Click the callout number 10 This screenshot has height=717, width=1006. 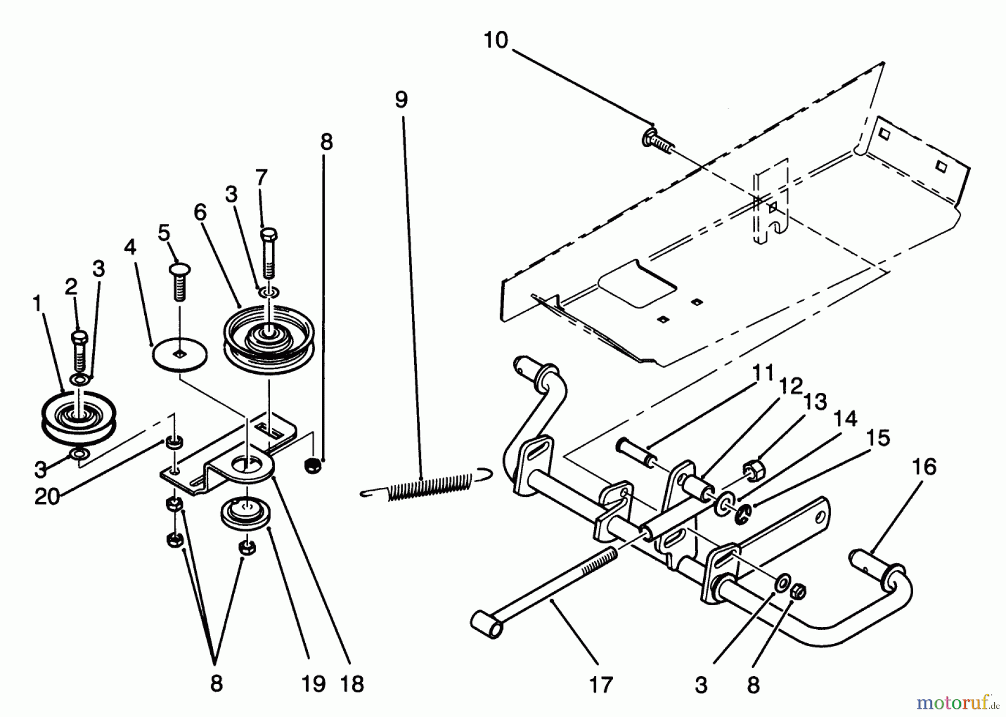pyautogui.click(x=495, y=41)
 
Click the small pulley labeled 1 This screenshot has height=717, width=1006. pyautogui.click(x=78, y=420)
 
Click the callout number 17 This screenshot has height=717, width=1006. pyautogui.click(x=601, y=684)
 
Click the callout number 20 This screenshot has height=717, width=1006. pyautogui.click(x=47, y=496)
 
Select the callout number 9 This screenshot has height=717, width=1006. pyautogui.click(x=401, y=99)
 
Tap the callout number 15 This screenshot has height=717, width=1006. pyautogui.click(x=880, y=438)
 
